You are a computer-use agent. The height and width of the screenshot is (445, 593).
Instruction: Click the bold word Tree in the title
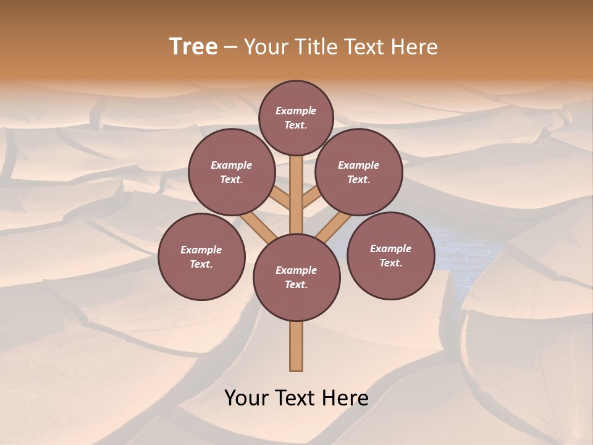pos(193,46)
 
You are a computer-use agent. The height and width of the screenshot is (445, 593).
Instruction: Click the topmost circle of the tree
pos(296,117)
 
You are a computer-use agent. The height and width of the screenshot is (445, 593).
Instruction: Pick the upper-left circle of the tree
pos(231,172)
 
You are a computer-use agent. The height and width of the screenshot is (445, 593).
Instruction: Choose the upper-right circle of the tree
pos(358,172)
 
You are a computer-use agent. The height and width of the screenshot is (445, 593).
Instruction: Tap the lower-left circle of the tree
pos(201,256)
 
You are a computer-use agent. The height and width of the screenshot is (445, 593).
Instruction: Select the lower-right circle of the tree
pos(390,255)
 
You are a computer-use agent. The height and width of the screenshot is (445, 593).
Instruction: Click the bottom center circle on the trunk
pos(296,278)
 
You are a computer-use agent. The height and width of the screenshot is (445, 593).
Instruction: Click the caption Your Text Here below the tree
pos(296,398)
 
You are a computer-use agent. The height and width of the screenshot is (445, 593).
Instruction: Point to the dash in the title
pos(230,47)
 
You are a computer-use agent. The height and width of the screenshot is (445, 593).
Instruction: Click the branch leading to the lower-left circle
pos(259,225)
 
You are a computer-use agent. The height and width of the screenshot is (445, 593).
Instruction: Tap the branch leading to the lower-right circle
pos(334,225)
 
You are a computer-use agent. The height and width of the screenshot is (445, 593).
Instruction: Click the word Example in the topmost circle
pos(296,111)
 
